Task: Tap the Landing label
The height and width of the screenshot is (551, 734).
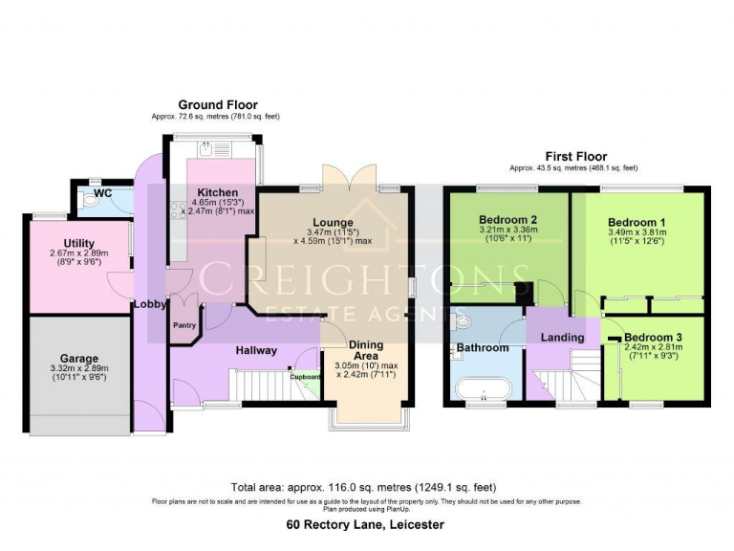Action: (x=562, y=338)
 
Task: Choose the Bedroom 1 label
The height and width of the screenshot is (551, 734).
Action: (x=637, y=221)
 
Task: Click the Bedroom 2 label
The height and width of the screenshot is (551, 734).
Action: (x=507, y=219)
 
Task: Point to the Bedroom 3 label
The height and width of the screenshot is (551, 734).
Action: (x=654, y=338)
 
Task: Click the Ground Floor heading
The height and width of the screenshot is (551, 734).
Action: (x=217, y=105)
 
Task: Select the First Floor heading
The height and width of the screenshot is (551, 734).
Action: (x=575, y=156)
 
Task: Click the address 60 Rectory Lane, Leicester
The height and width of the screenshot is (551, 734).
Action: (x=366, y=524)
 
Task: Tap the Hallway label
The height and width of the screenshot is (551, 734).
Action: (x=256, y=350)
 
